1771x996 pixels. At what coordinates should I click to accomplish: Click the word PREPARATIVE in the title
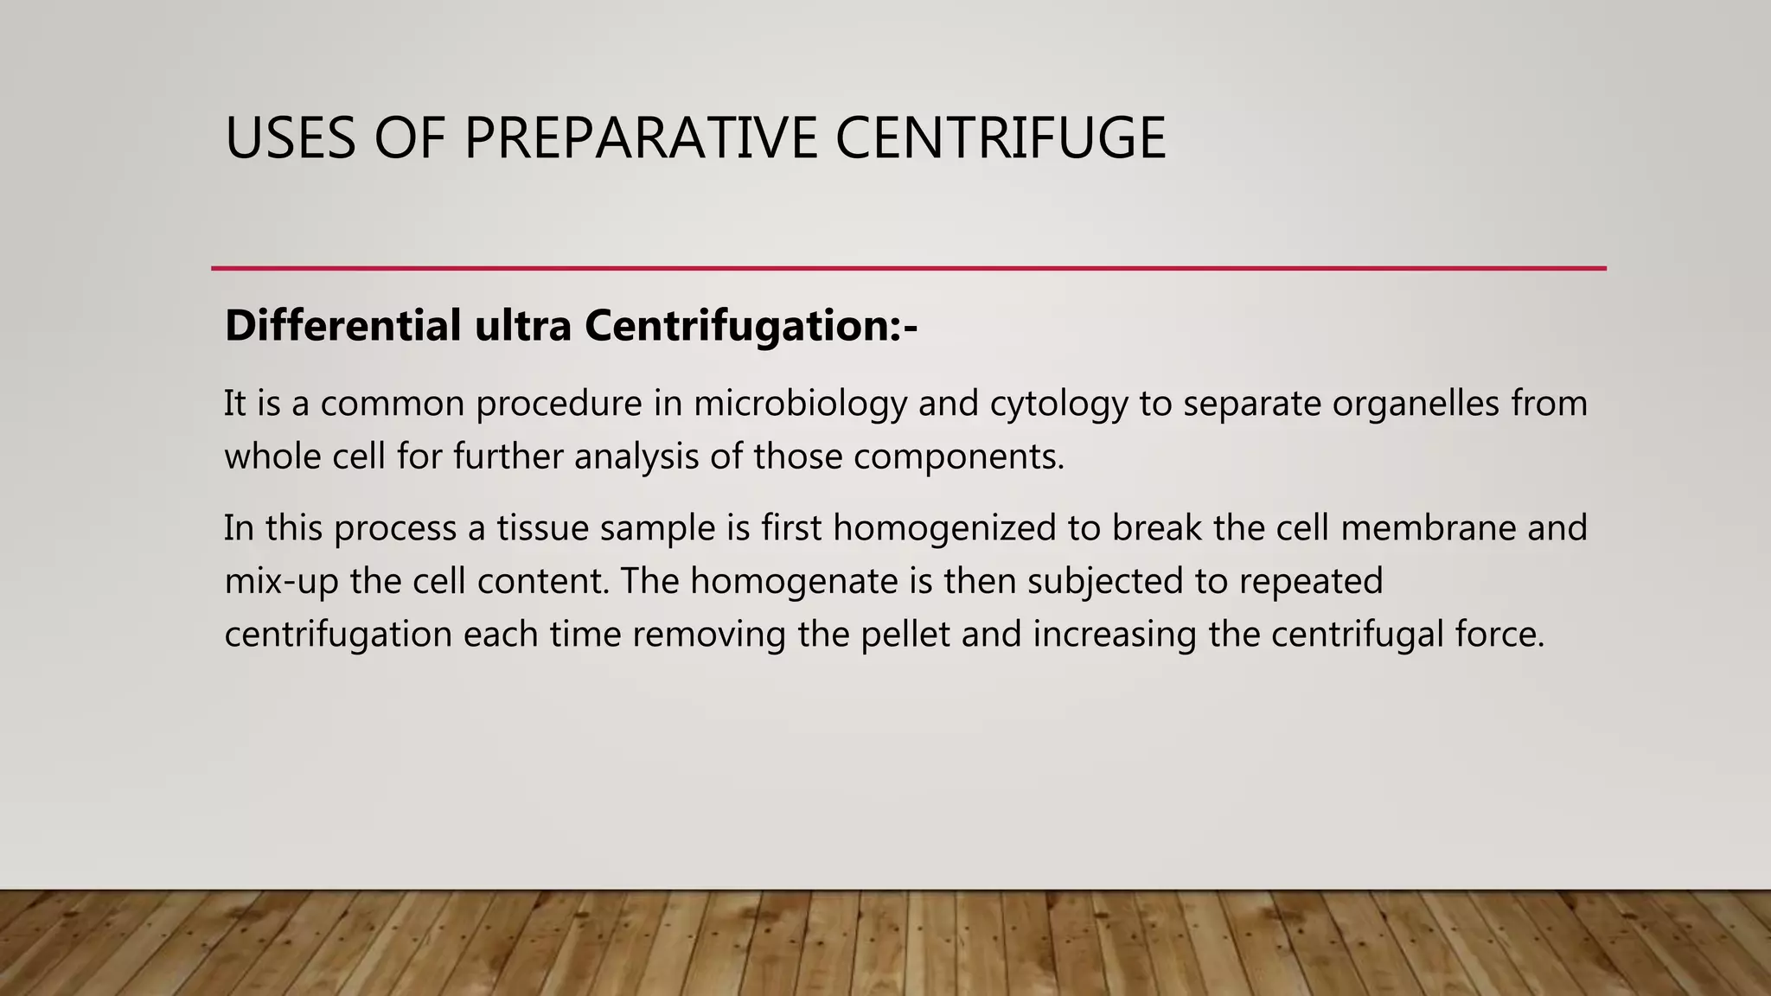640,138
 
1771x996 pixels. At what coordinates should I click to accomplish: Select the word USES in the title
290,138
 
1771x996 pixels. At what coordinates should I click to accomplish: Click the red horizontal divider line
908,269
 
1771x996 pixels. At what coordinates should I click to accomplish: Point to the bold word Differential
342,326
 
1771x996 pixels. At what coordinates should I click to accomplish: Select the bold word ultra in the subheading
522,326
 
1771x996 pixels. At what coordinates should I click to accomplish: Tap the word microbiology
800,404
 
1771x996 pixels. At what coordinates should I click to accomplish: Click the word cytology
1058,404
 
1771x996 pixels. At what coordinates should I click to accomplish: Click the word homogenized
944,528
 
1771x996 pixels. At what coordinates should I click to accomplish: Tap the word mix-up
281,581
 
